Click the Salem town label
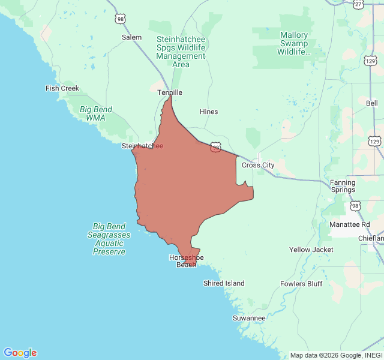click(131, 37)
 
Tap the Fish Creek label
click(62, 88)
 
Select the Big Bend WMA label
click(95, 113)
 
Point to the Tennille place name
click(169, 92)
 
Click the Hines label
click(209, 112)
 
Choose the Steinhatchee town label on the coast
click(142, 146)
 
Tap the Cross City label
click(258, 165)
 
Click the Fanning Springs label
click(343, 186)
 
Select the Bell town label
click(372, 103)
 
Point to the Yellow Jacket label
click(311, 250)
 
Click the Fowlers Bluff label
click(301, 284)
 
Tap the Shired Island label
click(224, 283)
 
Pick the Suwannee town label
click(249, 318)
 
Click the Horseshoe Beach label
click(186, 261)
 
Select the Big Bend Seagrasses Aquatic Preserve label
click(109, 239)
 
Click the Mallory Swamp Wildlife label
click(293, 43)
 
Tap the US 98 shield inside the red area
click(215, 148)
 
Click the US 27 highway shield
click(358, 4)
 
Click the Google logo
click(20, 353)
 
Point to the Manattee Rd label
click(349, 224)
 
